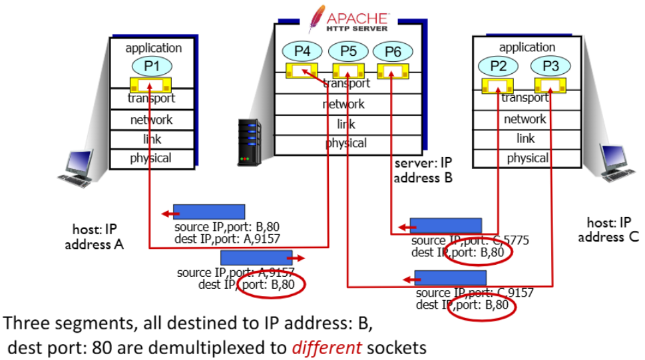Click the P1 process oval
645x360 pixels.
click(152, 66)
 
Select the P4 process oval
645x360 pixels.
click(302, 51)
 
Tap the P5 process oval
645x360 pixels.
click(348, 51)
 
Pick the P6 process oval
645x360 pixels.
click(393, 51)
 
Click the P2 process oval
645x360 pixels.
click(498, 65)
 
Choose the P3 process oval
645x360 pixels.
click(550, 65)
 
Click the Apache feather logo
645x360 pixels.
click(317, 19)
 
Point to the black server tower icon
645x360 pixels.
click(249, 142)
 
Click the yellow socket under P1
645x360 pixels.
click(150, 85)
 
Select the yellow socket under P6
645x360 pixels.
click(393, 71)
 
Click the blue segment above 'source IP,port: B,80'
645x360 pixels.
click(209, 212)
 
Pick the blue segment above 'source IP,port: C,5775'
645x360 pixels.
click(446, 226)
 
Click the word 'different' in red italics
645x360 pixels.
click(327, 347)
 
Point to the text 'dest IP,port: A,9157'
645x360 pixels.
click(227, 239)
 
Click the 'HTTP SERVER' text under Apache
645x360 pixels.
click(357, 29)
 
